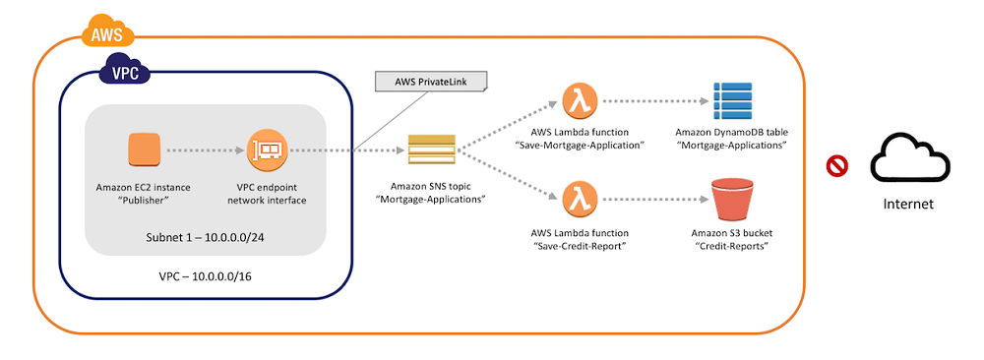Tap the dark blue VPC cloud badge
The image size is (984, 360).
point(121,72)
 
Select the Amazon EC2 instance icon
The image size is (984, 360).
point(145,151)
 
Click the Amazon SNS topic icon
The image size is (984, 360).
point(432,152)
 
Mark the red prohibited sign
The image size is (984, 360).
point(837,166)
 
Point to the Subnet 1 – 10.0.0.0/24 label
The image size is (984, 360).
point(205,236)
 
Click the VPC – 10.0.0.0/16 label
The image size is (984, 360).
point(205,277)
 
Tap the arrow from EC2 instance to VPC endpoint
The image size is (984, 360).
point(204,151)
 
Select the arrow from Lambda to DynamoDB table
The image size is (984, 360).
point(653,100)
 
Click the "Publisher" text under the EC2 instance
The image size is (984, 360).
point(144,200)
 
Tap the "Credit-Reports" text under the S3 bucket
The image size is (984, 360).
point(730,245)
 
